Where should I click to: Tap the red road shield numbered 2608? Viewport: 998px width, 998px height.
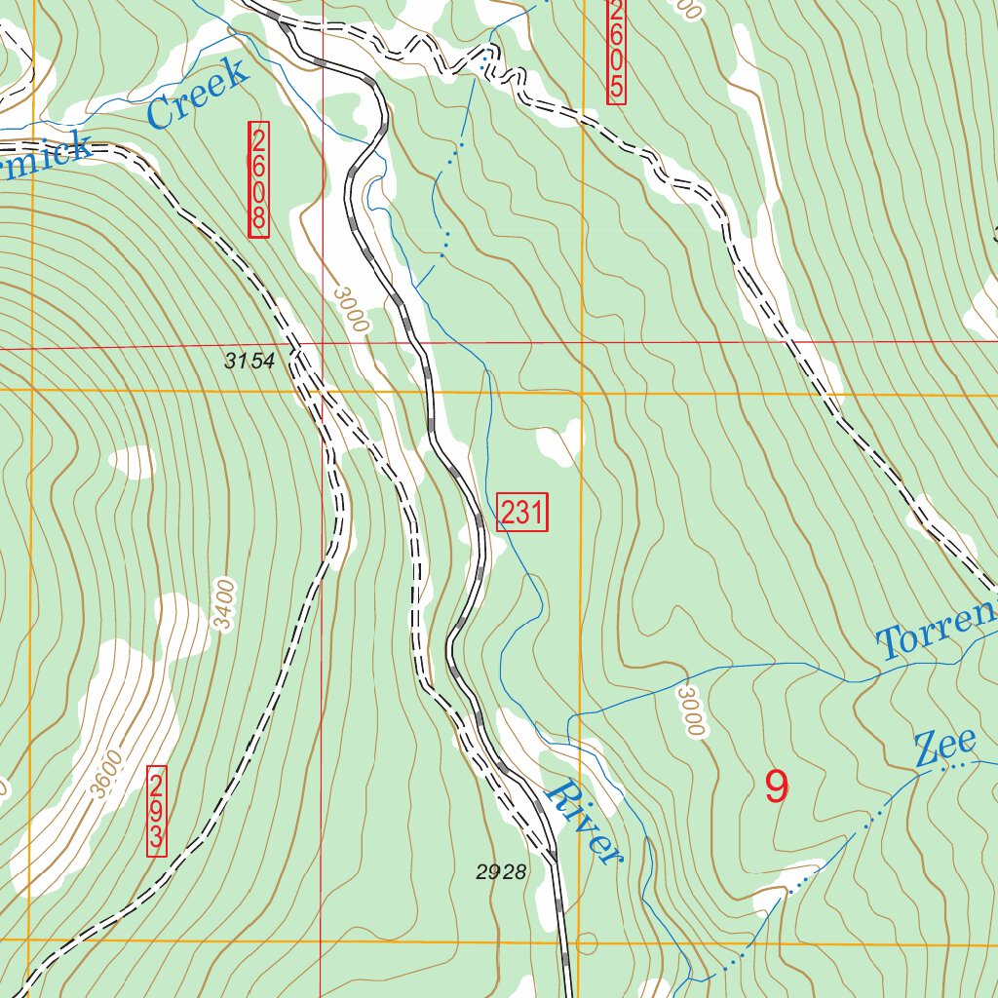[x=258, y=179]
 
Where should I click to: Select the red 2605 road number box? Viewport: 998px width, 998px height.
[x=615, y=51]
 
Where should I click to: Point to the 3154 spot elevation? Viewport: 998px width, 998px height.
[x=249, y=362]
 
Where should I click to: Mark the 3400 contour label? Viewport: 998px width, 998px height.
[x=224, y=605]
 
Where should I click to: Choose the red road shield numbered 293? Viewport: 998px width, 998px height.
[x=156, y=812]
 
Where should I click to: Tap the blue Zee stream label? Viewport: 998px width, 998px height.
[x=944, y=747]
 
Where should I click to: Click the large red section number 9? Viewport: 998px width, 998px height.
[x=776, y=787]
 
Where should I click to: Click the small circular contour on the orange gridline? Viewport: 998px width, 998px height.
[x=586, y=943]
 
